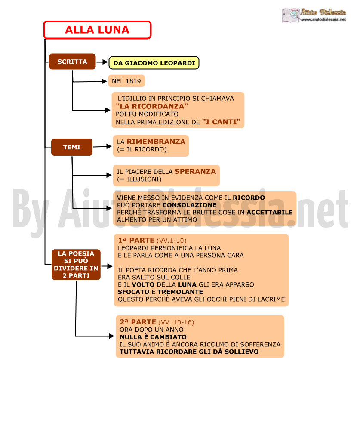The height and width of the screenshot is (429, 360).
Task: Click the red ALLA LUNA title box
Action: (x=97, y=30)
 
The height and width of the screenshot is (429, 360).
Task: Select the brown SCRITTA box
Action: (x=72, y=62)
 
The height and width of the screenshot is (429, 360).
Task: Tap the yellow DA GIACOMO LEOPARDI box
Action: (x=154, y=63)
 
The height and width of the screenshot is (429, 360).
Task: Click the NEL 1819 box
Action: (x=126, y=81)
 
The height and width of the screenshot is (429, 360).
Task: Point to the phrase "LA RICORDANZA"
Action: (x=152, y=106)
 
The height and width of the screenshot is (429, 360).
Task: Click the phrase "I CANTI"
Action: (x=222, y=122)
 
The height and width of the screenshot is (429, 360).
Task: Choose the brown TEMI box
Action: (x=72, y=147)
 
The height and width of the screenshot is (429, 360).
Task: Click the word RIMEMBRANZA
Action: (x=156, y=142)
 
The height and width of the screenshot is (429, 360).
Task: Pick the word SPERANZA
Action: (x=195, y=171)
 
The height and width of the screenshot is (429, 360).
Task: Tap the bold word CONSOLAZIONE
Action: (x=189, y=205)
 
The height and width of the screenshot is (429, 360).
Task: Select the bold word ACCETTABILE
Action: (x=270, y=212)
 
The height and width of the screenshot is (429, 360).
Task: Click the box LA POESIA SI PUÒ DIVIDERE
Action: (x=76, y=265)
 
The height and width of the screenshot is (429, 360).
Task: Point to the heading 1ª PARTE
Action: (x=136, y=240)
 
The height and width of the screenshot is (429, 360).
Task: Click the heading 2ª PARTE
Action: (x=138, y=322)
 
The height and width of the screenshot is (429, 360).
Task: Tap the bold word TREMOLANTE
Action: (x=180, y=292)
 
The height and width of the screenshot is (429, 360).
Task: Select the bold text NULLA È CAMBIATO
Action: (x=153, y=337)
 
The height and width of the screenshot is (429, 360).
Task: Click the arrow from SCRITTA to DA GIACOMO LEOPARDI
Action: (x=102, y=62)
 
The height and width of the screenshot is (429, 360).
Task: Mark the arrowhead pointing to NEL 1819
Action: (x=104, y=81)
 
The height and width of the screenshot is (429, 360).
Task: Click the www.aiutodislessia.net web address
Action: (x=323, y=19)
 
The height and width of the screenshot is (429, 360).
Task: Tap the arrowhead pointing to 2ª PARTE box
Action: (x=111, y=336)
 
